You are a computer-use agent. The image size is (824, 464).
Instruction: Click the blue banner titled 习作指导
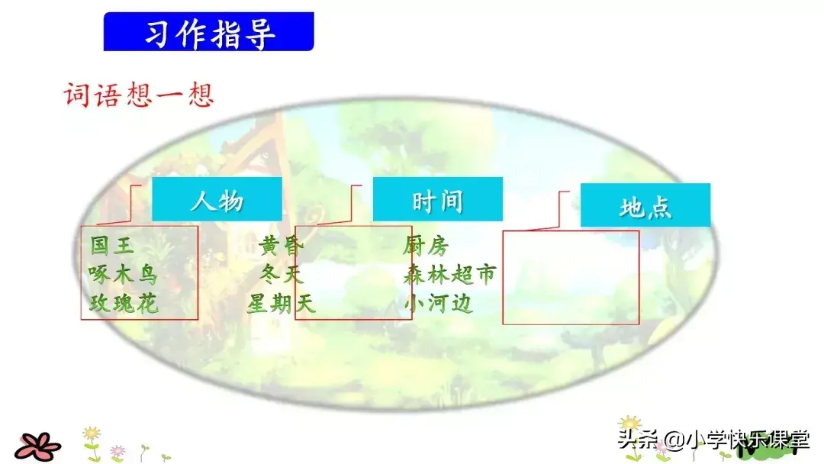pyautogui.click(x=208, y=31)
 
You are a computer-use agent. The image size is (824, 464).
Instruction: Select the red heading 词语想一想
pyautogui.click(x=139, y=95)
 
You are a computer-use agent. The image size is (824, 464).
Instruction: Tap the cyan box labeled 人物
pyautogui.click(x=217, y=199)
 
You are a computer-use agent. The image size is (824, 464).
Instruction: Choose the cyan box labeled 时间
pyautogui.click(x=438, y=199)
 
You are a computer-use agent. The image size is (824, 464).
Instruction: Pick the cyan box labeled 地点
pyautogui.click(x=645, y=205)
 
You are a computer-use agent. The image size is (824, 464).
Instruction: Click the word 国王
pyautogui.click(x=112, y=246)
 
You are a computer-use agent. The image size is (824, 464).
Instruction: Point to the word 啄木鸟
pyautogui.click(x=122, y=274)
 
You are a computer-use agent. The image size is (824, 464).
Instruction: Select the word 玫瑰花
pyautogui.click(x=124, y=303)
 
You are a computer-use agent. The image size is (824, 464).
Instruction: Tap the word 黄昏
pyautogui.click(x=281, y=246)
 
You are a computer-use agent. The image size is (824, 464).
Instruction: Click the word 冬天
pyautogui.click(x=282, y=274)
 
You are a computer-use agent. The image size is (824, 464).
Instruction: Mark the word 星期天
pyautogui.click(x=281, y=304)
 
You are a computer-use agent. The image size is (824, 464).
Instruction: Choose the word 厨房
pyautogui.click(x=426, y=246)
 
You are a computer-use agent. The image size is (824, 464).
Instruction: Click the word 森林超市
pyautogui.click(x=450, y=274)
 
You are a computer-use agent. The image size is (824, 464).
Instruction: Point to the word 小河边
pyautogui.click(x=438, y=304)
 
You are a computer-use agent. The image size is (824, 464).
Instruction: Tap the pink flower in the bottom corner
pyautogui.click(x=37, y=446)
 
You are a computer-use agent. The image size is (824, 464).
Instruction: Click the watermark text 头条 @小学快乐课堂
pyautogui.click(x=713, y=440)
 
